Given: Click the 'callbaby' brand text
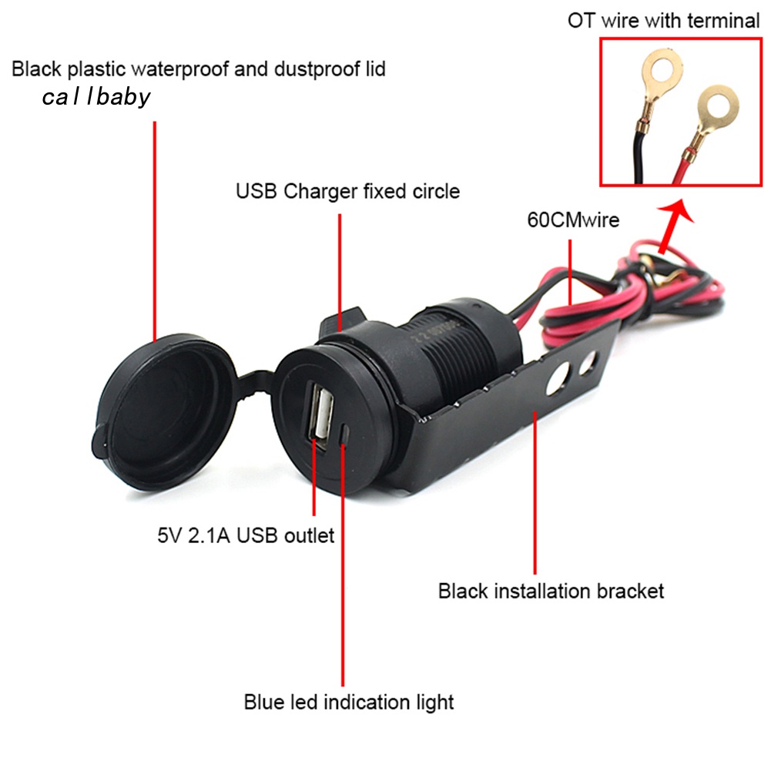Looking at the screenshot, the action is pyautogui.click(x=96, y=97).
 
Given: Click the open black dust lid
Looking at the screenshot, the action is pyautogui.click(x=165, y=412).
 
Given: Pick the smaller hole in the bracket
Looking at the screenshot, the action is pyautogui.click(x=588, y=361).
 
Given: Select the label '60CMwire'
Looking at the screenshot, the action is pyautogui.click(x=573, y=220).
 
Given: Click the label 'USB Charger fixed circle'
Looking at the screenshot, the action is pyautogui.click(x=347, y=191).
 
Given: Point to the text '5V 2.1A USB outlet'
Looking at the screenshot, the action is pyautogui.click(x=246, y=535).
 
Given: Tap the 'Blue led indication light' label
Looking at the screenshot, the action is pyautogui.click(x=349, y=702).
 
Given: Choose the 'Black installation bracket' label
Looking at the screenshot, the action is pyautogui.click(x=551, y=591).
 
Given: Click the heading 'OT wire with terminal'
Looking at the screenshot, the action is pyautogui.click(x=664, y=21).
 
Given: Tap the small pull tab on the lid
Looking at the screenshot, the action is pyautogui.click(x=99, y=438).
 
